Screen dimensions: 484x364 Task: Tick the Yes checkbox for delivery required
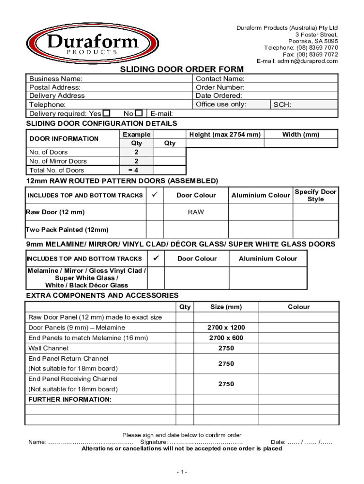107,113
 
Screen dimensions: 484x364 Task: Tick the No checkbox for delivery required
139,113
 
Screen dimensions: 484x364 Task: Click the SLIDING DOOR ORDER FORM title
182,69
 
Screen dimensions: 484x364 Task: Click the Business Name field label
56,78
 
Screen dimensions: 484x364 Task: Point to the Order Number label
220,87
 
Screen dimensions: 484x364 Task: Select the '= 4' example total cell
136,170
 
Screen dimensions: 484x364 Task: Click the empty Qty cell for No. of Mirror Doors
170,161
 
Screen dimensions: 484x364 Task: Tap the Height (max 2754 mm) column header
225,135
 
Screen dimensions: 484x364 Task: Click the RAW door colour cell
196,212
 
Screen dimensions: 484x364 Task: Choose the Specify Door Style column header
315,195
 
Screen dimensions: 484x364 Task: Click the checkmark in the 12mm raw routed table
155,195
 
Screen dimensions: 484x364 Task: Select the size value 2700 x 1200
226,328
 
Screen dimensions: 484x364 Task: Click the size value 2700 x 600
226,338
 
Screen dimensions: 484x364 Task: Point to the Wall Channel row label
48,348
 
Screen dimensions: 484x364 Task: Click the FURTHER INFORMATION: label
70,399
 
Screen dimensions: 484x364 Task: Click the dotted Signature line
206,442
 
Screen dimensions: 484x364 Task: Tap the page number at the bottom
182,472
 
